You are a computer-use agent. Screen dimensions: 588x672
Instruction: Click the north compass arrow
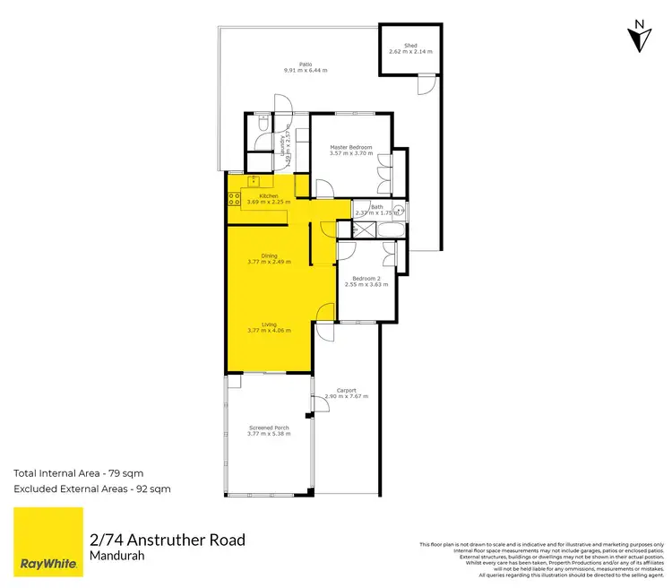click(x=639, y=35)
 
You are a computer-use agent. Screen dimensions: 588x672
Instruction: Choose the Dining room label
click(x=269, y=258)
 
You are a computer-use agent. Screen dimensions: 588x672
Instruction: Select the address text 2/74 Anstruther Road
click(x=167, y=540)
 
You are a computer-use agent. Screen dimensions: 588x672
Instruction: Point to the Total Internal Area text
click(x=78, y=471)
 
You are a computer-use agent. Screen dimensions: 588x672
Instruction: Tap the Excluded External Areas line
click(x=91, y=489)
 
